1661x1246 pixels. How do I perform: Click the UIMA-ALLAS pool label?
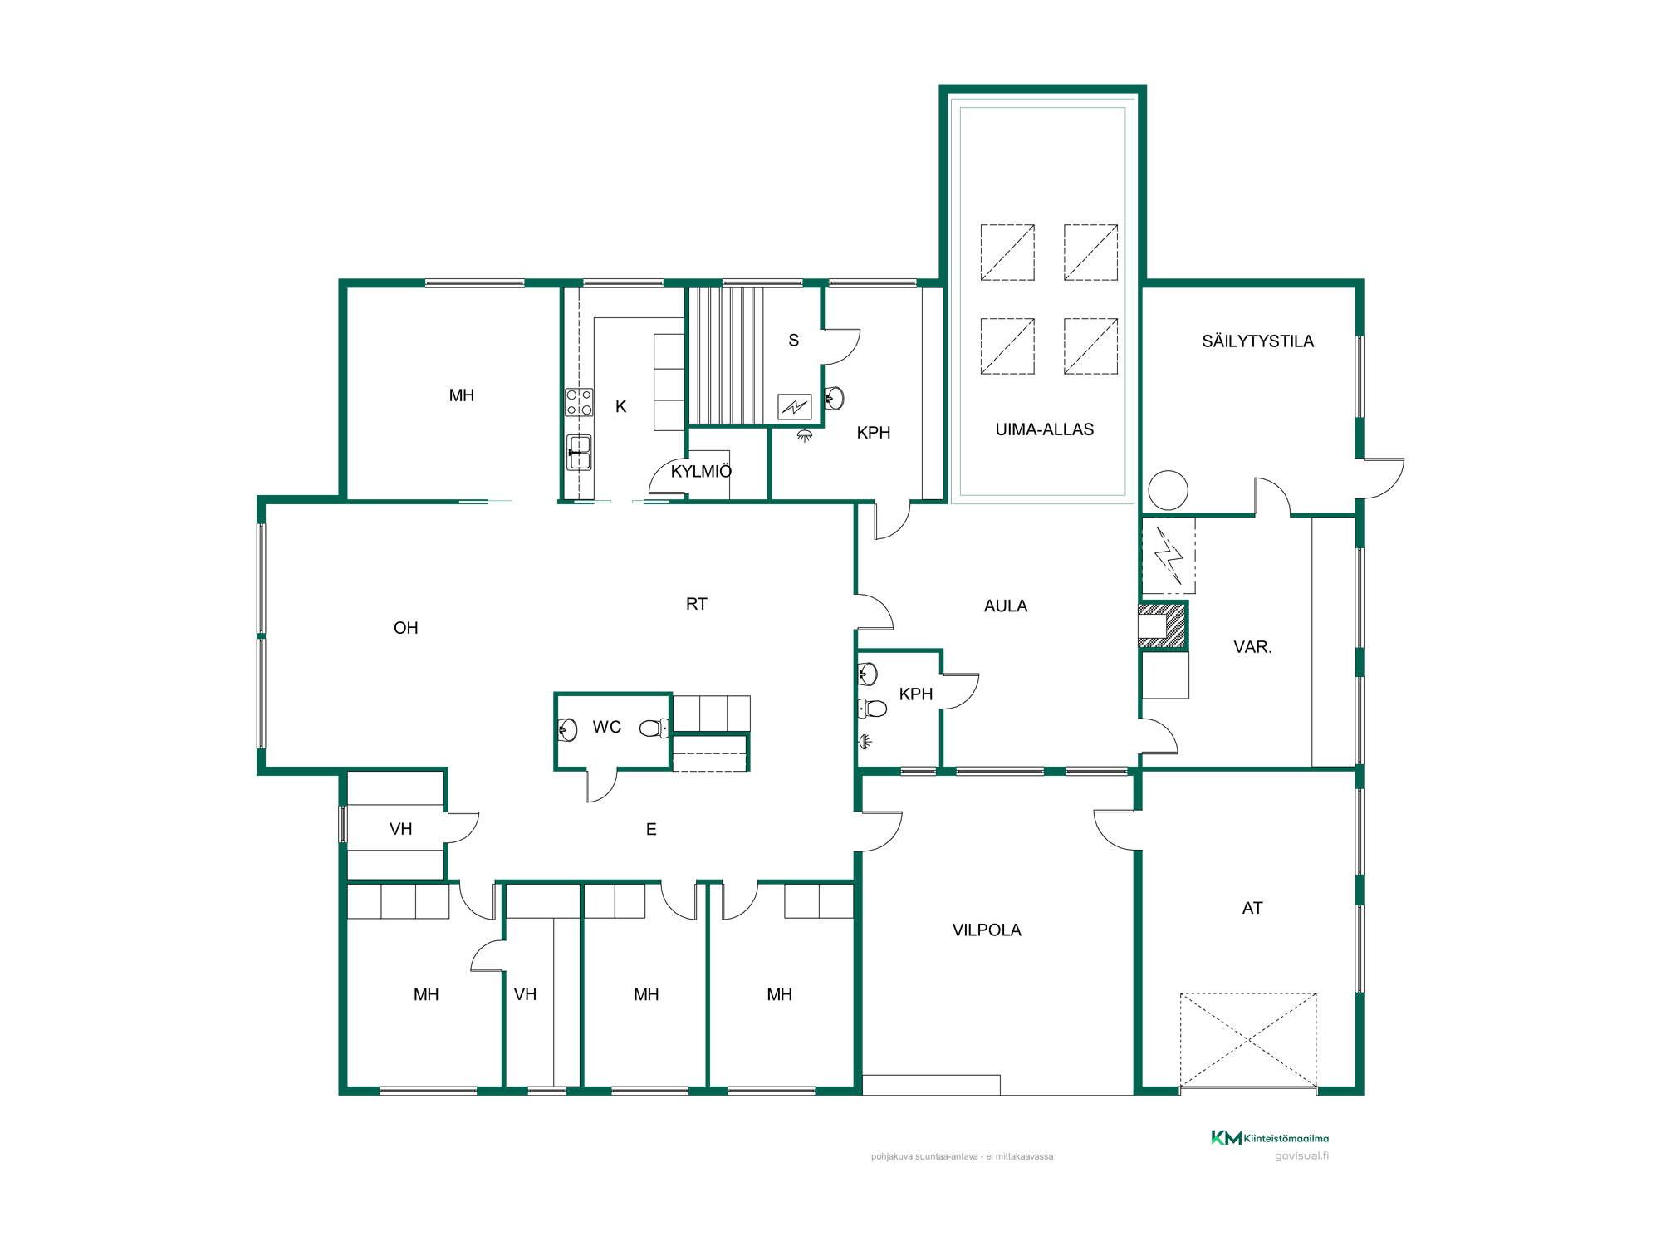pos(1044,429)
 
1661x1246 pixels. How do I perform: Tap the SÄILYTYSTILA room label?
pos(1257,341)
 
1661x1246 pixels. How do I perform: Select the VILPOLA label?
pos(987,930)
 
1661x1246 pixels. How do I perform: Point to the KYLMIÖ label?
pos(701,471)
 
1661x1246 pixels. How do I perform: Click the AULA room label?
pos(1006,606)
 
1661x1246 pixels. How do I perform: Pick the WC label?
pos(607,727)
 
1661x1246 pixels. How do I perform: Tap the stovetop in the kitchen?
pos(579,402)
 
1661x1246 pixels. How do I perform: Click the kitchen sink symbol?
pos(579,452)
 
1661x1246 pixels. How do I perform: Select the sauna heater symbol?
pos(795,406)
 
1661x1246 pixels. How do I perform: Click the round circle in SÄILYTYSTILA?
pos(1168,490)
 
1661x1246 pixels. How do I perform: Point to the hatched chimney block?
pos(1163,625)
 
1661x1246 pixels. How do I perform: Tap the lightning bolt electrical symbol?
pos(1169,556)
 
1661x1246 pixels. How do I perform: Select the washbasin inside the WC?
pos(567,730)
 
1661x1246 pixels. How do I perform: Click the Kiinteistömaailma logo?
pos(1270,1138)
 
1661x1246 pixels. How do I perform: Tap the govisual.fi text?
pos(1301,1155)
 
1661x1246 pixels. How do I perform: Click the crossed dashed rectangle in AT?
pos(1248,1040)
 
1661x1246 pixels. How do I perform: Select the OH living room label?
pos(405,628)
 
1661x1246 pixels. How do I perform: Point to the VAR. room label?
pos(1252,646)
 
